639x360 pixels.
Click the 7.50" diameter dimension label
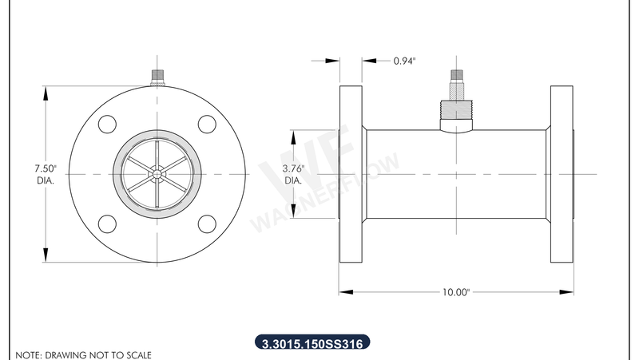(x=45, y=174)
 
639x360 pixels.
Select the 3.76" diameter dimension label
(x=294, y=174)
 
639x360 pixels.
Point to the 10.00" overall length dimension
(x=454, y=292)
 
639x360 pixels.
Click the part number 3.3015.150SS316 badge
(x=312, y=344)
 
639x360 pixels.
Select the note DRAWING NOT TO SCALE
(x=83, y=354)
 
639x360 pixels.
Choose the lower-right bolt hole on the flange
(x=207, y=224)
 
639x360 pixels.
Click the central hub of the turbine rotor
(x=157, y=173)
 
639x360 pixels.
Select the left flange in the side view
(x=350, y=173)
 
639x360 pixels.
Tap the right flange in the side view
(x=561, y=173)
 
